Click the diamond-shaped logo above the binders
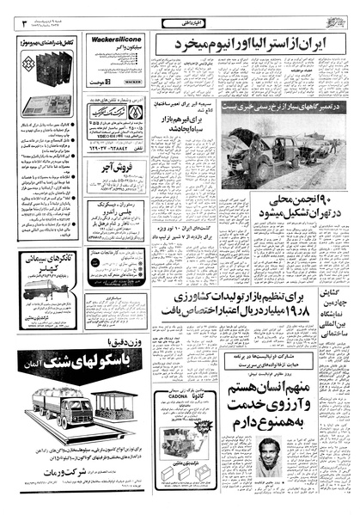26,64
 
